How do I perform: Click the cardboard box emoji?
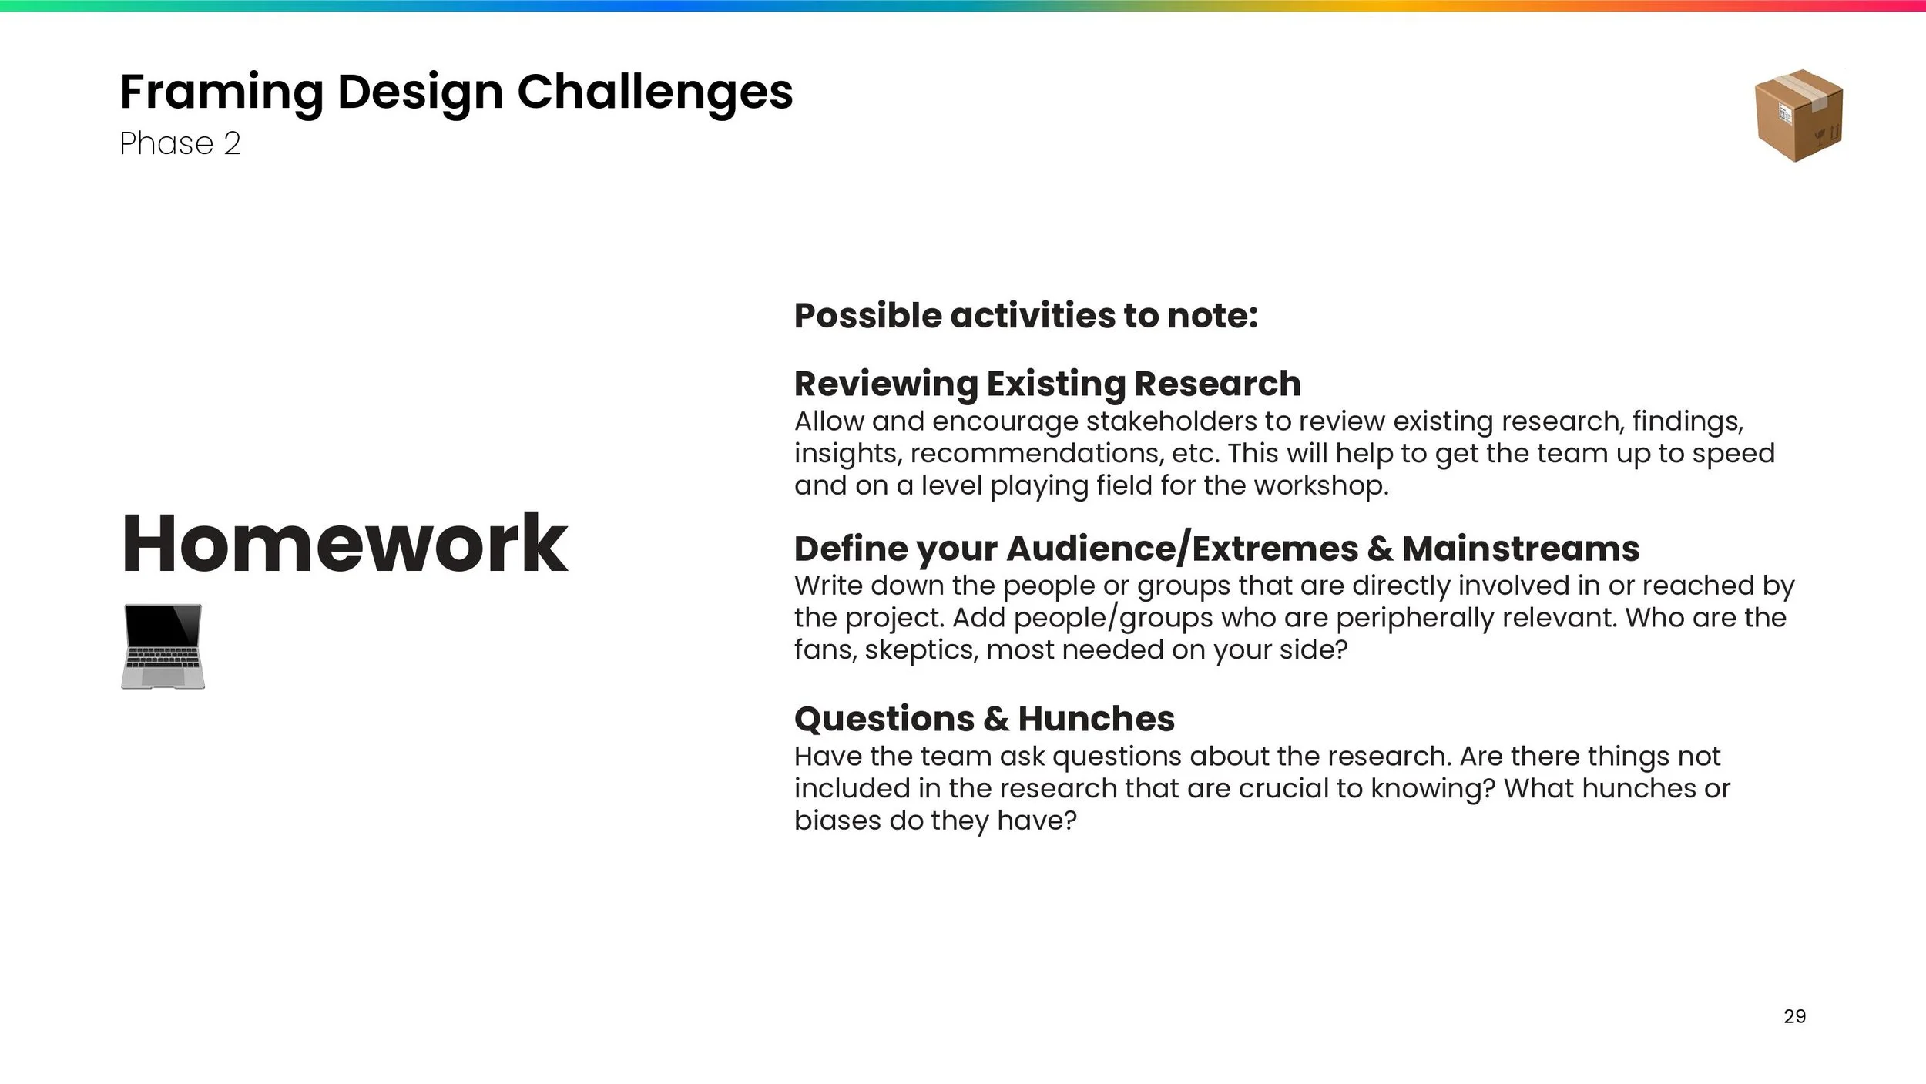pos(1799,116)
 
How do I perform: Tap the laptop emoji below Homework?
pos(163,646)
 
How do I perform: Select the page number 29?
pos(1794,1016)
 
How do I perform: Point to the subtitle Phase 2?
pos(180,143)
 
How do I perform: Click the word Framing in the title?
pos(222,93)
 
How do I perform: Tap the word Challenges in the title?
pos(655,93)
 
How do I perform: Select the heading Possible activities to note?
pos(1026,316)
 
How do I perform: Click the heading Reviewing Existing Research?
pos(1048,384)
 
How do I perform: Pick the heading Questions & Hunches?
pos(985,719)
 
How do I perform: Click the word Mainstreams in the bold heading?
pos(1521,549)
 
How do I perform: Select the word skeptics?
pos(921,650)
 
